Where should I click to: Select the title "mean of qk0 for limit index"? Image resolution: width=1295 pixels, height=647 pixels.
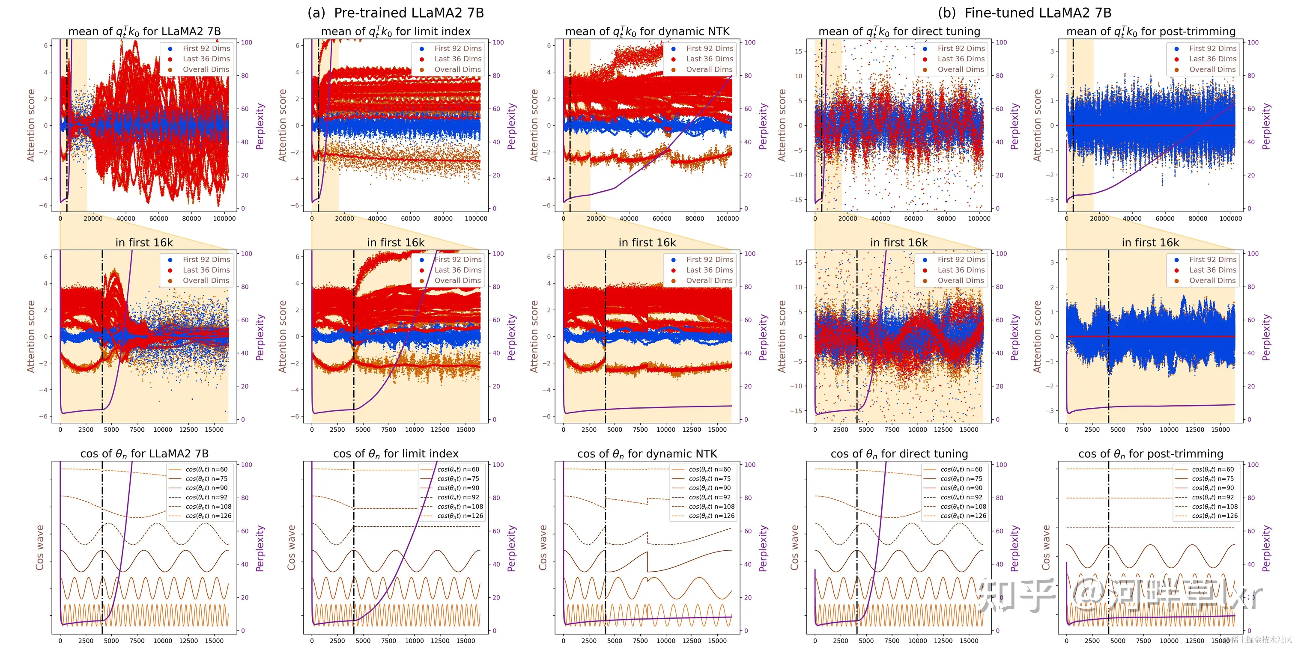pyautogui.click(x=396, y=32)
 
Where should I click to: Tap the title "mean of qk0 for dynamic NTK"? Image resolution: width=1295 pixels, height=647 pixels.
pyautogui.click(x=647, y=32)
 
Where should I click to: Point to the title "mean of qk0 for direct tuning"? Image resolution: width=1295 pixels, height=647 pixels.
pyautogui.click(x=899, y=32)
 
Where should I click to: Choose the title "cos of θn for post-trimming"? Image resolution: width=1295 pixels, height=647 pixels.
pyautogui.click(x=1150, y=454)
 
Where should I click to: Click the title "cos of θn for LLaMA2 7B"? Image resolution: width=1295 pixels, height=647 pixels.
pyautogui.click(x=144, y=454)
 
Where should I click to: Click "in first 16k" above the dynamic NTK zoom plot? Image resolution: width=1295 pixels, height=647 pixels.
pyautogui.click(x=647, y=243)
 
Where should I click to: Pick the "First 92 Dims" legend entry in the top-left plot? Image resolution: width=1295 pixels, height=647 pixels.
pyautogui.click(x=206, y=48)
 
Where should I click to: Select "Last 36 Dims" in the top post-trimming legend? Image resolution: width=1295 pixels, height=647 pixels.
pyautogui.click(x=1212, y=59)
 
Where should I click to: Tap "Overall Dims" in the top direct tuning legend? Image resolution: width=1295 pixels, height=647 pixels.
pyautogui.click(x=960, y=69)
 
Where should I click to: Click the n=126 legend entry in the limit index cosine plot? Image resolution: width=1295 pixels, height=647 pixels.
pyautogui.click(x=460, y=516)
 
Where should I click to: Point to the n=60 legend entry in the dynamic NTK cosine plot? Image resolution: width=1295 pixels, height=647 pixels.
pyautogui.click(x=709, y=469)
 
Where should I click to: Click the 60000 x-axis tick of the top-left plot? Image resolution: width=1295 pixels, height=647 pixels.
pyautogui.click(x=158, y=219)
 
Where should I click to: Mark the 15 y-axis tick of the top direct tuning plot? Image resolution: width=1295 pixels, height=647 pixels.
pyautogui.click(x=798, y=51)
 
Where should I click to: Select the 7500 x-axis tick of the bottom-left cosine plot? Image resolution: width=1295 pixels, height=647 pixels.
pyautogui.click(x=137, y=641)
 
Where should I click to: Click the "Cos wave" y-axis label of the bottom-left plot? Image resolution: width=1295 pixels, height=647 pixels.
pyautogui.click(x=40, y=548)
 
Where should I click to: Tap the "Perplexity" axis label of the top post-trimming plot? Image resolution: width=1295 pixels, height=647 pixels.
pyautogui.click(x=1266, y=126)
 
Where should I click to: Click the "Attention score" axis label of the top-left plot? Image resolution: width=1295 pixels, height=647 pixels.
pyautogui.click(x=31, y=125)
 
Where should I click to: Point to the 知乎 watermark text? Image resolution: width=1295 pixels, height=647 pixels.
pyautogui.click(x=1015, y=595)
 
